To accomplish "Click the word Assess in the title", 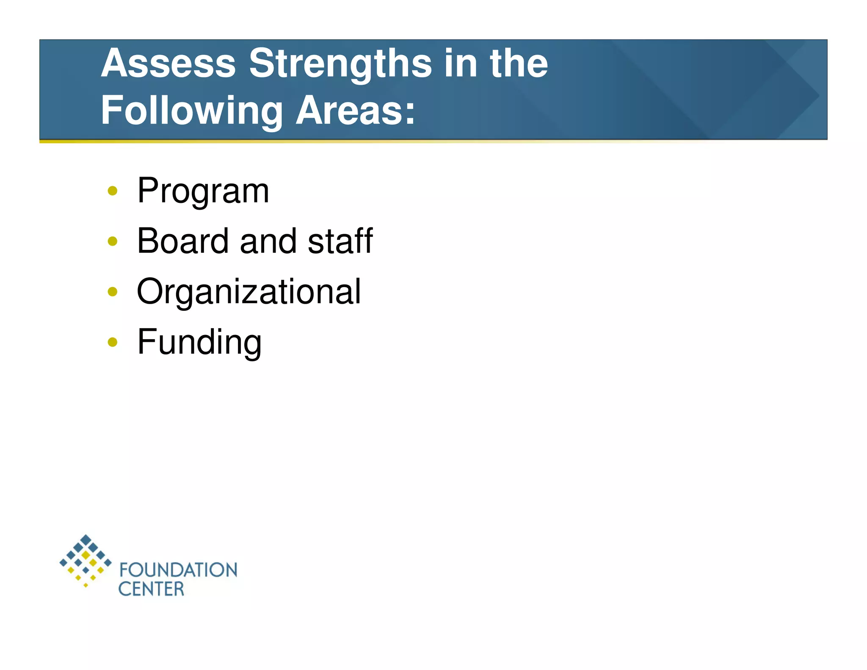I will click(x=168, y=64).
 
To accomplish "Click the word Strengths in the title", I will click(x=340, y=64).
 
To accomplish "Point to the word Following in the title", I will click(x=191, y=111).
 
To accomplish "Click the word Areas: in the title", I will click(x=355, y=111).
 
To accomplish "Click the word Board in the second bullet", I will click(x=183, y=241).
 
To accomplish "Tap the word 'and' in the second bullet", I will click(x=268, y=241).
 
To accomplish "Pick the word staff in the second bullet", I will click(x=340, y=241).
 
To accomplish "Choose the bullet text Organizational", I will click(x=249, y=292).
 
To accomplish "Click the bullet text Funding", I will click(x=199, y=342).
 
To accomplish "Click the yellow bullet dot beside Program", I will click(x=112, y=191).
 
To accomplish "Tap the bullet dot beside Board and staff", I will click(x=112, y=241).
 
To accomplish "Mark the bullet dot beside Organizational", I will click(x=112, y=292).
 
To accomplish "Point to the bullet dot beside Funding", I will click(x=112, y=342).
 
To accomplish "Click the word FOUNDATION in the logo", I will click(x=178, y=570).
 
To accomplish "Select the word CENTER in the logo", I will click(x=151, y=589).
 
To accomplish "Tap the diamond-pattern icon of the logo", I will click(x=86, y=560).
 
